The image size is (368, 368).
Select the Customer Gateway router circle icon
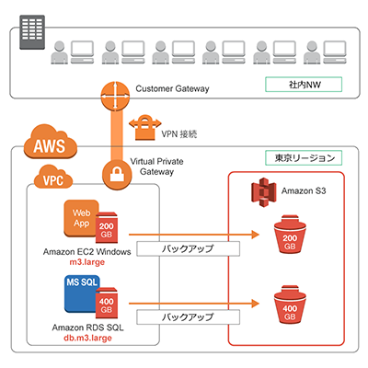click(117, 95)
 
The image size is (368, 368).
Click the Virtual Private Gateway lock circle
click(118, 172)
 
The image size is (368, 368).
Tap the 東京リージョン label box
click(302, 157)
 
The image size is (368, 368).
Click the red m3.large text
click(86, 262)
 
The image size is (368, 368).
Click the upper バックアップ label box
click(190, 248)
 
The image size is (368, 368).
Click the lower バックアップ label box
click(190, 316)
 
